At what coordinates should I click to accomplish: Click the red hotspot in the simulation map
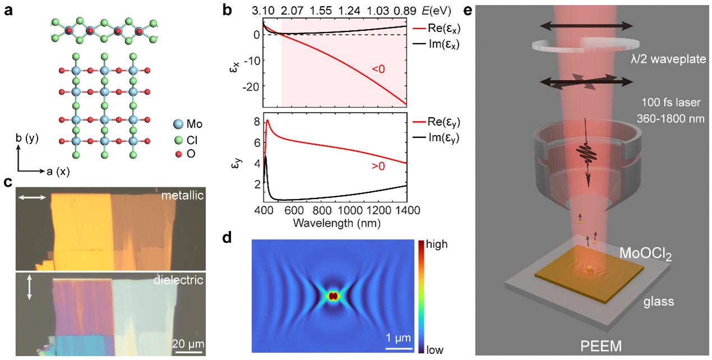click(333, 296)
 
